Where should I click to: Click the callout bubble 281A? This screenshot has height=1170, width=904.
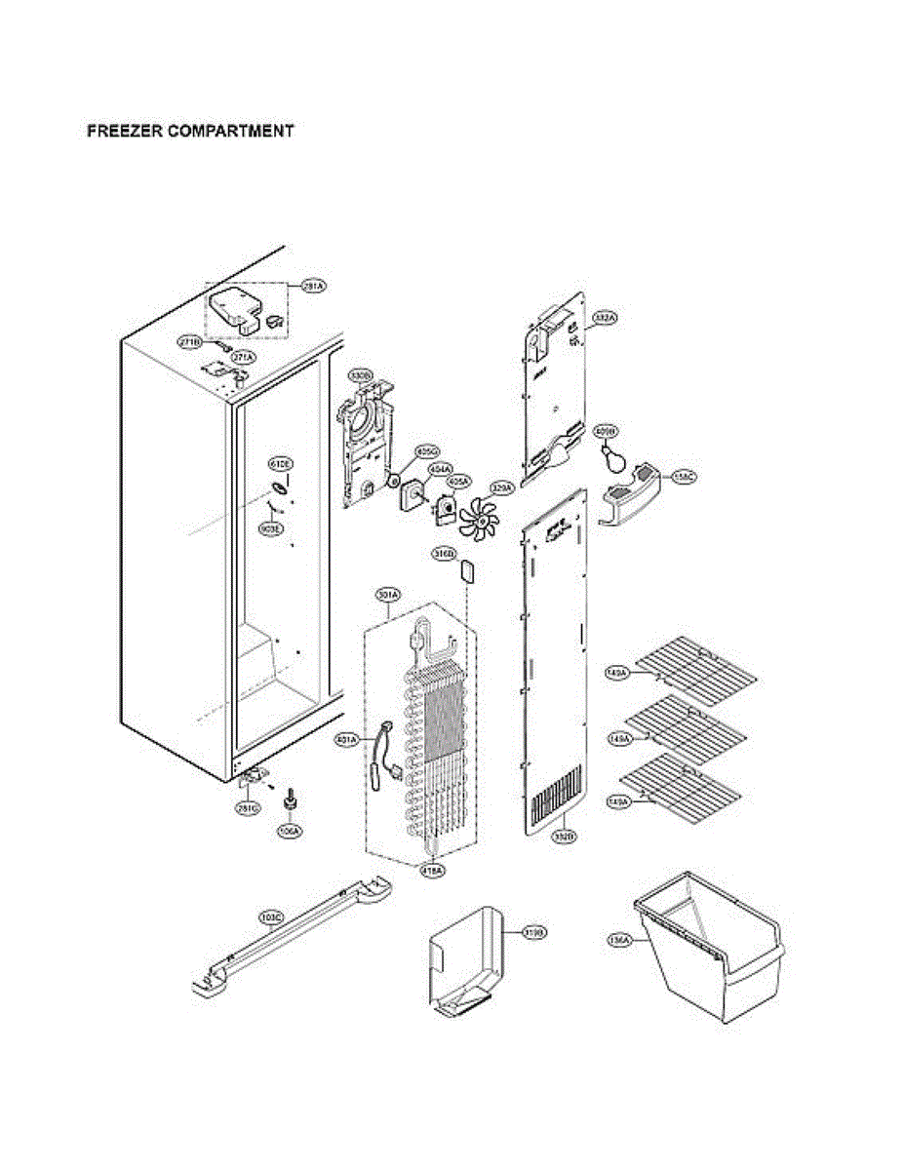point(313,286)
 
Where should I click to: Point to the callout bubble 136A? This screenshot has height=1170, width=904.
point(618,940)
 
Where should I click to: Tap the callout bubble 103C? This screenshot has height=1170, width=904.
point(270,917)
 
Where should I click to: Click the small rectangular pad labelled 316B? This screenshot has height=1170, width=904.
point(467,570)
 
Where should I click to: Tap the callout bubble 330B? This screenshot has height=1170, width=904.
point(360,374)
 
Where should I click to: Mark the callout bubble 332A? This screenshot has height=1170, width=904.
point(606,319)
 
